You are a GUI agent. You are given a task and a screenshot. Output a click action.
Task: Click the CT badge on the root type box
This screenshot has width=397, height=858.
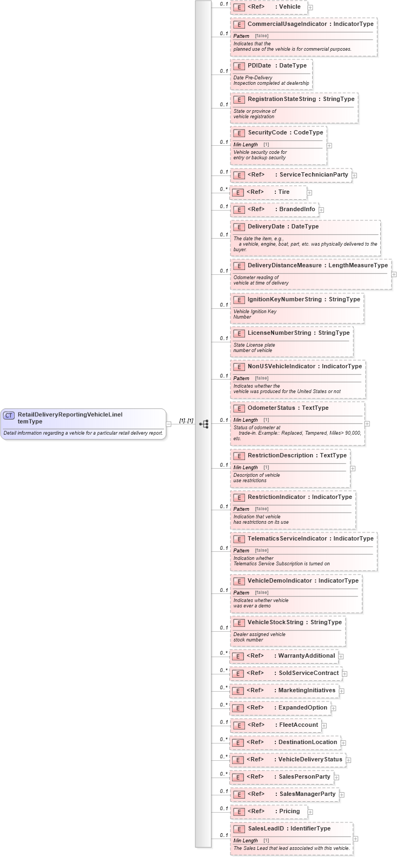point(9,415)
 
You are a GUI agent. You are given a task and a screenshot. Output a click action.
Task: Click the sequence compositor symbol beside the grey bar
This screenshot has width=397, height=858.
point(204,424)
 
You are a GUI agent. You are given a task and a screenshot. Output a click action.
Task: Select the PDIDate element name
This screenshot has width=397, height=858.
point(259,66)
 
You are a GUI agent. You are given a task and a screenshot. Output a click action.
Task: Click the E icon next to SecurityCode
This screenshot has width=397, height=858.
point(239,133)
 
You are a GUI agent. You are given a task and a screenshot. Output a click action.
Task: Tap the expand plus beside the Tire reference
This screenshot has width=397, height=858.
point(309,192)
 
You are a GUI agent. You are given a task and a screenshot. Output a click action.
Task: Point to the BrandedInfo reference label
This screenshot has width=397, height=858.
point(297,210)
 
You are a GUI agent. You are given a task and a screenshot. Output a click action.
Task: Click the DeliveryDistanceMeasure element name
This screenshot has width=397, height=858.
point(284,266)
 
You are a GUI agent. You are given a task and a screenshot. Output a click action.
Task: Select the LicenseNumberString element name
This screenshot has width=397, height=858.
point(279,333)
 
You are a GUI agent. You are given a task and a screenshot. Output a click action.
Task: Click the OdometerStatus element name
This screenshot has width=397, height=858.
point(271,408)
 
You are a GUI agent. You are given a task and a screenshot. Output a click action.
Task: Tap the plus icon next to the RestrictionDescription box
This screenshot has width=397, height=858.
point(353,469)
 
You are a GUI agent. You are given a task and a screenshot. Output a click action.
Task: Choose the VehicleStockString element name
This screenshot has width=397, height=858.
point(275,623)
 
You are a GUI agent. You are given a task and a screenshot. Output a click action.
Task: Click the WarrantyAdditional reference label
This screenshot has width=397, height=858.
point(306,656)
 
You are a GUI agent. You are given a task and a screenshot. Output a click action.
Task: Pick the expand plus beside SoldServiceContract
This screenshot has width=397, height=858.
point(345,674)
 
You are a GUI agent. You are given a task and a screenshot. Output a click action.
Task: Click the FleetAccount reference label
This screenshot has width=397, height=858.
point(298,725)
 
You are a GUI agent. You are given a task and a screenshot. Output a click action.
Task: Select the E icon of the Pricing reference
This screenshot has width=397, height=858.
point(239,812)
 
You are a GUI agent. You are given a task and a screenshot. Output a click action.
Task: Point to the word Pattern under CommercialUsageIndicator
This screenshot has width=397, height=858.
point(241,36)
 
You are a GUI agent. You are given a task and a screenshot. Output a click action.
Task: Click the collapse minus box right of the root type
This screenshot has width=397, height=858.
point(169,424)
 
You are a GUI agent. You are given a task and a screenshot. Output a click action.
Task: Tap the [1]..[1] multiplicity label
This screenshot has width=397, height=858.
point(186,421)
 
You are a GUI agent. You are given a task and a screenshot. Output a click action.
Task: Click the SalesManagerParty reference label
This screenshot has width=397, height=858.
point(307,794)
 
